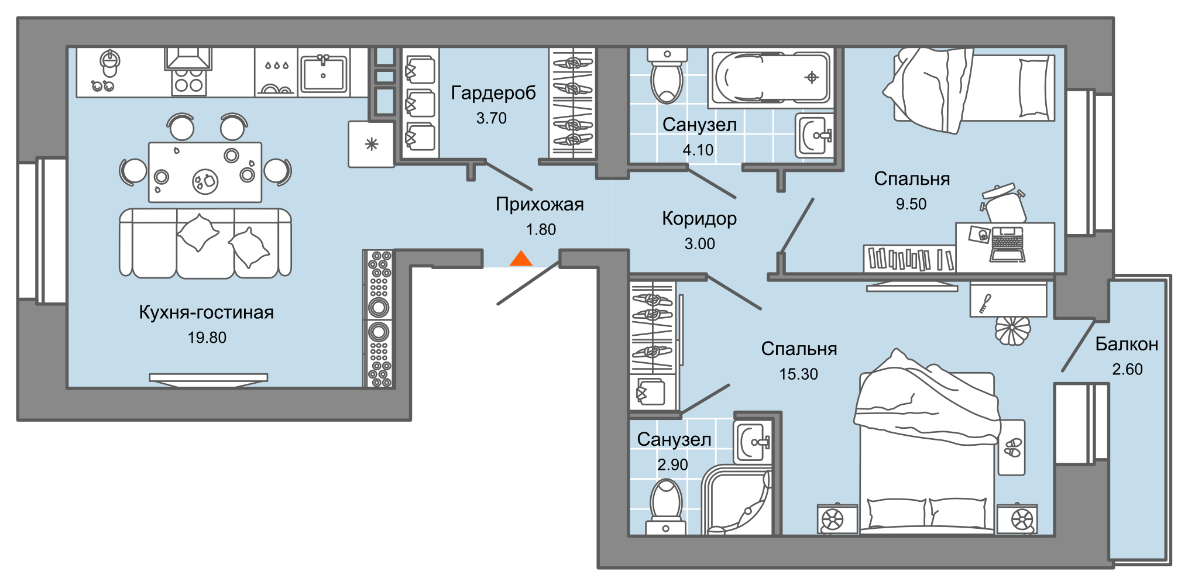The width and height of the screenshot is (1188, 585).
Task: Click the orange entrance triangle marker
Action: pos(521,259)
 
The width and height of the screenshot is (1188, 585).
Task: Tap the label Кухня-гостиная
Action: pos(206,312)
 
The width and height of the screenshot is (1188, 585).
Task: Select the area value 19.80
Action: pos(207,338)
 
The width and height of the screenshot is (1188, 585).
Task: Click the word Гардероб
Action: pos(493,93)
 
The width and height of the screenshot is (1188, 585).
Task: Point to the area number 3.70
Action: pos(491,118)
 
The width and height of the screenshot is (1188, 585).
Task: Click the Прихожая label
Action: pos(540,204)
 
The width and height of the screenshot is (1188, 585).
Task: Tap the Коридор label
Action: pos(699,219)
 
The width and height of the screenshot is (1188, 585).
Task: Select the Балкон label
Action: pos(1127,344)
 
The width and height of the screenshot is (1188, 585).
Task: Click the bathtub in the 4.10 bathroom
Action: pos(769,78)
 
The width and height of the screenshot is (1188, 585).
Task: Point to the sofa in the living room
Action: pos(205,242)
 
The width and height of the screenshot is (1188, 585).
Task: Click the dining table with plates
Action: pos(205,172)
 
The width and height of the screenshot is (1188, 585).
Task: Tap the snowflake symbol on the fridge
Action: pos(371,144)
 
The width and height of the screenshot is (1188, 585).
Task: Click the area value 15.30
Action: pos(798,374)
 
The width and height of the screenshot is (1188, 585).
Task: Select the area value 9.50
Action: pos(911,204)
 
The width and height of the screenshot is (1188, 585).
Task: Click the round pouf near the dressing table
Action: pos(1012,331)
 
